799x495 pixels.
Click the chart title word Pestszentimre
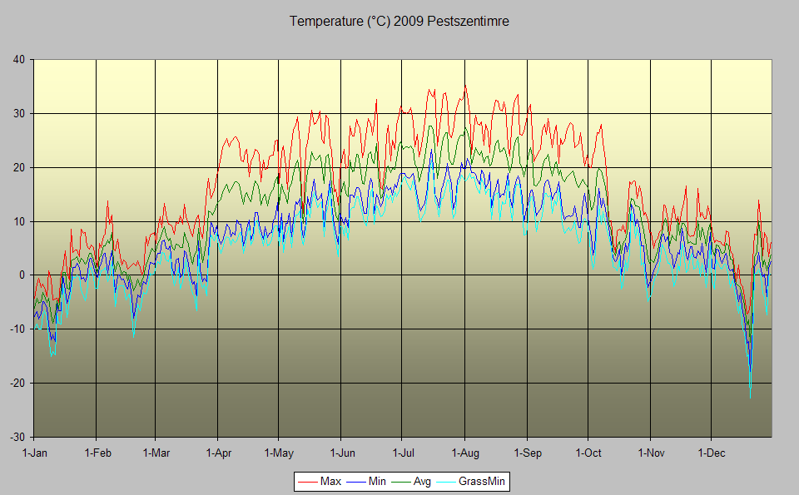469,22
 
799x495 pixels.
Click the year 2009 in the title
409,22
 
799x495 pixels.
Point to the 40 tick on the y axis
17,59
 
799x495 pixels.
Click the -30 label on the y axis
16,437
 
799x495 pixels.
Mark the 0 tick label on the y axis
21,275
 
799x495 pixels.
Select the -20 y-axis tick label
16,383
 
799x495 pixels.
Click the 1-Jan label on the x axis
34,453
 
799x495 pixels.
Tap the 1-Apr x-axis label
217,453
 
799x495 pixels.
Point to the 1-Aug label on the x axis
464,453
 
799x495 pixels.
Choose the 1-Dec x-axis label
712,453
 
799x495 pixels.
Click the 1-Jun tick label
341,453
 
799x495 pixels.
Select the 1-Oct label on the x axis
588,453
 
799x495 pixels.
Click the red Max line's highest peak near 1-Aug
465,87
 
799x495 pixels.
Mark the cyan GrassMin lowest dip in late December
750,396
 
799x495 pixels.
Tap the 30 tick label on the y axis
17,113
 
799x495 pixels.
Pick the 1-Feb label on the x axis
97,453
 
